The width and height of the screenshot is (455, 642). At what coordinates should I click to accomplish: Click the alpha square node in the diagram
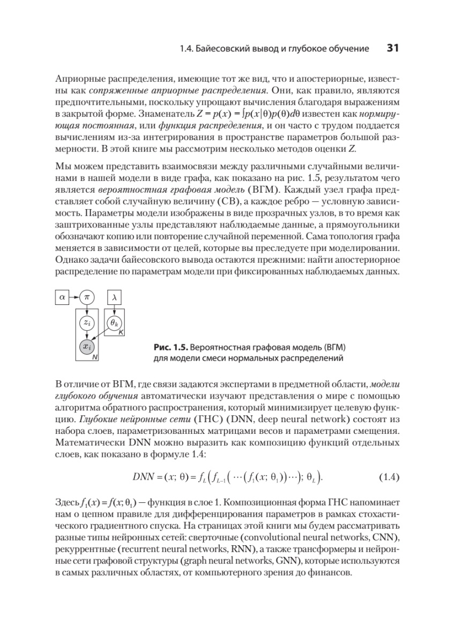point(62,296)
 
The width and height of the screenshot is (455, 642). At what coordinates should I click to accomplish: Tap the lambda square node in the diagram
point(115,296)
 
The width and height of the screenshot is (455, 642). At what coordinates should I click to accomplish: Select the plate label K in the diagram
point(121,333)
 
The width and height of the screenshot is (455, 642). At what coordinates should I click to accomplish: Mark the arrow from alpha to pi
point(74,296)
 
